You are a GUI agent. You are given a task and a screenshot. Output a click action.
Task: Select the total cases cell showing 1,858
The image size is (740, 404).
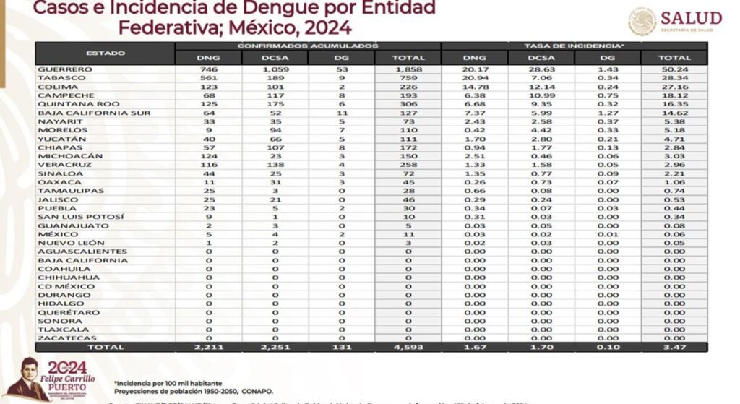pos(408,69)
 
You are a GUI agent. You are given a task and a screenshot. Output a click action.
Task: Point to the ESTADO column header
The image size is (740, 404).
pos(106,53)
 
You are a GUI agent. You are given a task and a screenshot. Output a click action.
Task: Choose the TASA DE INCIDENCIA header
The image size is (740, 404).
pos(575,46)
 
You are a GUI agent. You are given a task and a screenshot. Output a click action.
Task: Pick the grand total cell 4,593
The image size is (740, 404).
pos(408,347)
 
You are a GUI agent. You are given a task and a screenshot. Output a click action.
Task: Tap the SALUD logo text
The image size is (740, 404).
pos(691,17)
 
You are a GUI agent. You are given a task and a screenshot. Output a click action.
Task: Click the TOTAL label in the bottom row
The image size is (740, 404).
pos(106,347)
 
